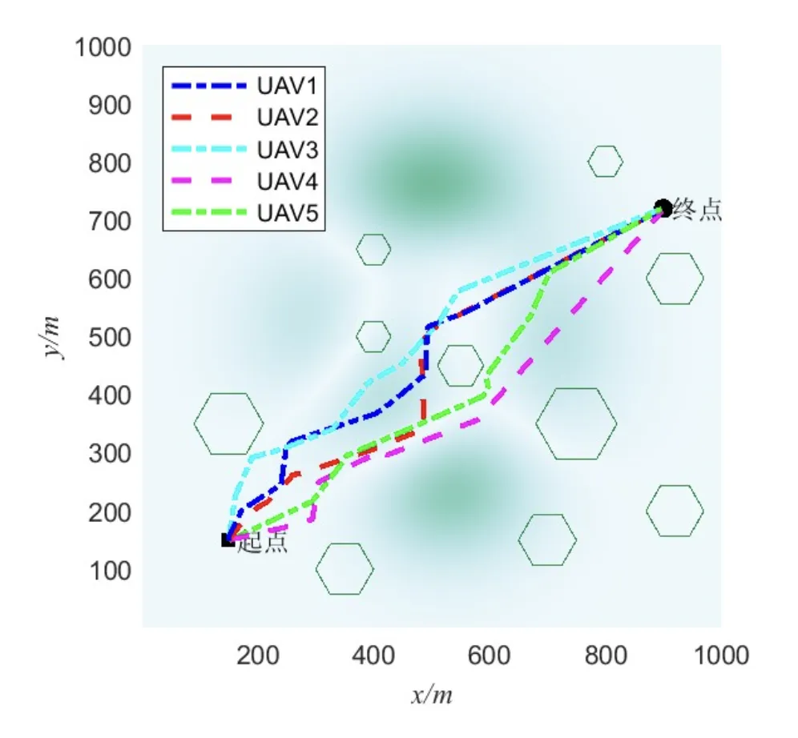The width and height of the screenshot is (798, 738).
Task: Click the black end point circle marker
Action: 663,208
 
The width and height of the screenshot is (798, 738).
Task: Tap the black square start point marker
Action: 228,540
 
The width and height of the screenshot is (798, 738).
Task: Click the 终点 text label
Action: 697,211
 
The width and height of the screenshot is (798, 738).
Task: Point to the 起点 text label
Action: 263,543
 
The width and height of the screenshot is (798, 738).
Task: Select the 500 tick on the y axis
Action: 110,338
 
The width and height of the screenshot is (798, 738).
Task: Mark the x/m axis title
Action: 432,696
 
